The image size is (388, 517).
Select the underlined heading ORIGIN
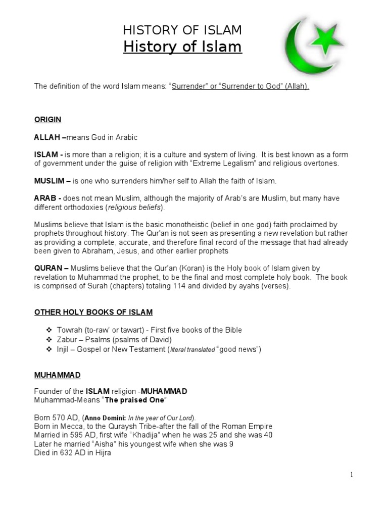pyautogui.click(x=47, y=120)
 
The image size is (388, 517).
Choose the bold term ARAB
pyautogui.click(x=44, y=198)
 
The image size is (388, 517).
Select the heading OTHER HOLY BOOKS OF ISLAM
pyautogui.click(x=93, y=313)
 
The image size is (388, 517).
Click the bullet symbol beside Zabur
pyautogui.click(x=49, y=340)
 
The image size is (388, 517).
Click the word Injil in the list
pyautogui.click(x=63, y=349)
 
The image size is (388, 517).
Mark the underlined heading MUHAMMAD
pyautogui.click(x=57, y=375)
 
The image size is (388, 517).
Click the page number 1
pyautogui.click(x=351, y=475)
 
